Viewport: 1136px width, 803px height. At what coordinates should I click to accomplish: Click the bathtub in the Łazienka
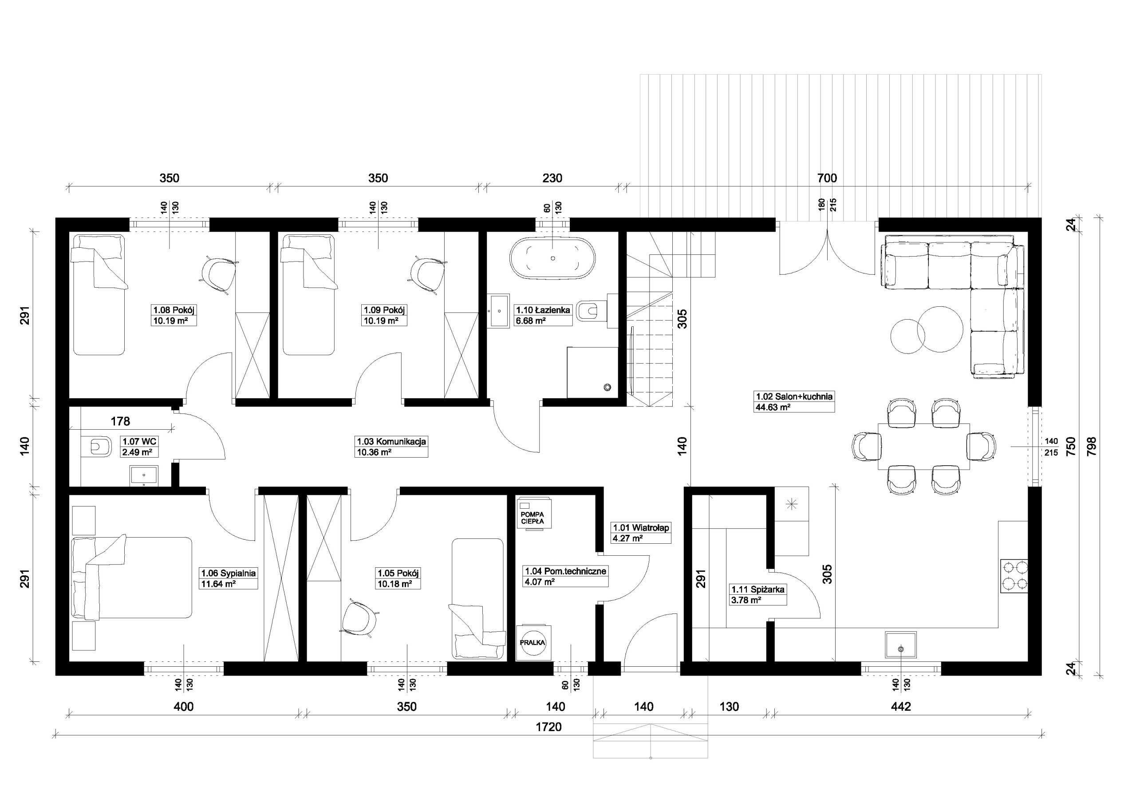[x=552, y=258]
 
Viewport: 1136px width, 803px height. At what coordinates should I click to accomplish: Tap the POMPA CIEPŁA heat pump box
[x=533, y=514]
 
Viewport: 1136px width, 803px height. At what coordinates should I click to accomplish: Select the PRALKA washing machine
[x=533, y=643]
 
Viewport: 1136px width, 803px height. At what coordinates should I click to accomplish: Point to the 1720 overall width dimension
[x=549, y=727]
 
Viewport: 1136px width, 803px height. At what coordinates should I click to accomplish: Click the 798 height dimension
[x=1092, y=446]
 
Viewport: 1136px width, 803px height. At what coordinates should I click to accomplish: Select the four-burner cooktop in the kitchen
[x=1014, y=576]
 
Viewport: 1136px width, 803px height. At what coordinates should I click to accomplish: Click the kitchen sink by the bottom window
[x=900, y=645]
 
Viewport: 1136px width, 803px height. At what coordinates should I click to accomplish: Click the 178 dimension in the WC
[x=120, y=421]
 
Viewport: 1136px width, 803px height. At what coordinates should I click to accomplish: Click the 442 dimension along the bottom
[x=901, y=707]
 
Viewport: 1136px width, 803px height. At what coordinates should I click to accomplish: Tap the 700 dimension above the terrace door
[x=827, y=178]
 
